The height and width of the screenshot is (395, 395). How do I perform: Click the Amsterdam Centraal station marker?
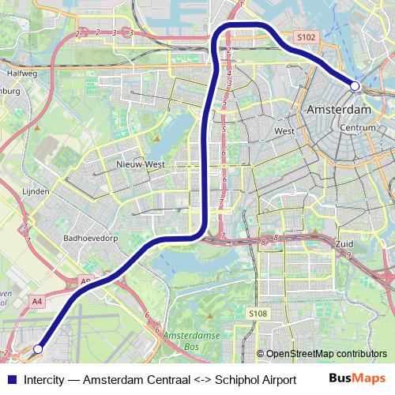point(355,85)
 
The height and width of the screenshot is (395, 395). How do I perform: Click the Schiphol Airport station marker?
point(38,348)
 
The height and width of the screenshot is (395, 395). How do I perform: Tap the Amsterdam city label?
point(340,109)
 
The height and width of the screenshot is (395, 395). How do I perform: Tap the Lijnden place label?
point(36,191)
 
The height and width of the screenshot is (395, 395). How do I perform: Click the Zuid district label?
point(344,245)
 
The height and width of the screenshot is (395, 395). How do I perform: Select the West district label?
point(284,131)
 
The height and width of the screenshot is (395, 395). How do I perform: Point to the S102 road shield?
point(307,36)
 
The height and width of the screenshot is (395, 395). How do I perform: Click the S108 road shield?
point(258,314)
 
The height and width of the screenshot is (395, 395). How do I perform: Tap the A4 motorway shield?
point(37,300)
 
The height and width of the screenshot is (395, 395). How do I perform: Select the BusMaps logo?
point(356,378)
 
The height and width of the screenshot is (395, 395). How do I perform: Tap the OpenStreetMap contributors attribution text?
point(326,354)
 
